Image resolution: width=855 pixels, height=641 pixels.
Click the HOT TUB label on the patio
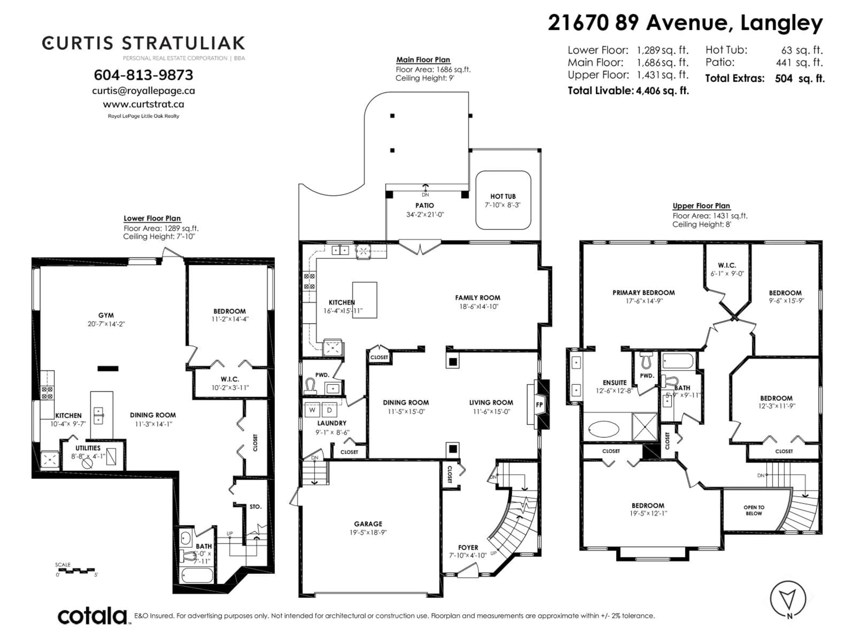[x=503, y=196]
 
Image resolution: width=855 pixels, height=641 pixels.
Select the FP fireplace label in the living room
[x=539, y=405]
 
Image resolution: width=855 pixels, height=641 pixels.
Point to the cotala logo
[x=93, y=615]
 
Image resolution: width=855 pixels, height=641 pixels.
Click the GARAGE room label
[x=368, y=524]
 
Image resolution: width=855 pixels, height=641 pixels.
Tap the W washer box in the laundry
[x=311, y=410]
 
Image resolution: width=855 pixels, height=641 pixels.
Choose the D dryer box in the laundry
[x=329, y=410]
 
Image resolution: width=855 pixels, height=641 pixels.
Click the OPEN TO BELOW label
[x=754, y=510]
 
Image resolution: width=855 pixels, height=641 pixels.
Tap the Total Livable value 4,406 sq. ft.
[x=662, y=91]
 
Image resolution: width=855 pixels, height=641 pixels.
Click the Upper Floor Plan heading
[x=701, y=206]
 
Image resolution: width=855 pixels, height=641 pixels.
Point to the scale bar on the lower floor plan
[x=75, y=570]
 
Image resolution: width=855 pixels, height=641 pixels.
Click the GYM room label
[x=106, y=315]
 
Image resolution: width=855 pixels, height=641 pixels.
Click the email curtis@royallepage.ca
[x=143, y=91]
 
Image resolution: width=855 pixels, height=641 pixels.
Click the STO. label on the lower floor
[x=255, y=507]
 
